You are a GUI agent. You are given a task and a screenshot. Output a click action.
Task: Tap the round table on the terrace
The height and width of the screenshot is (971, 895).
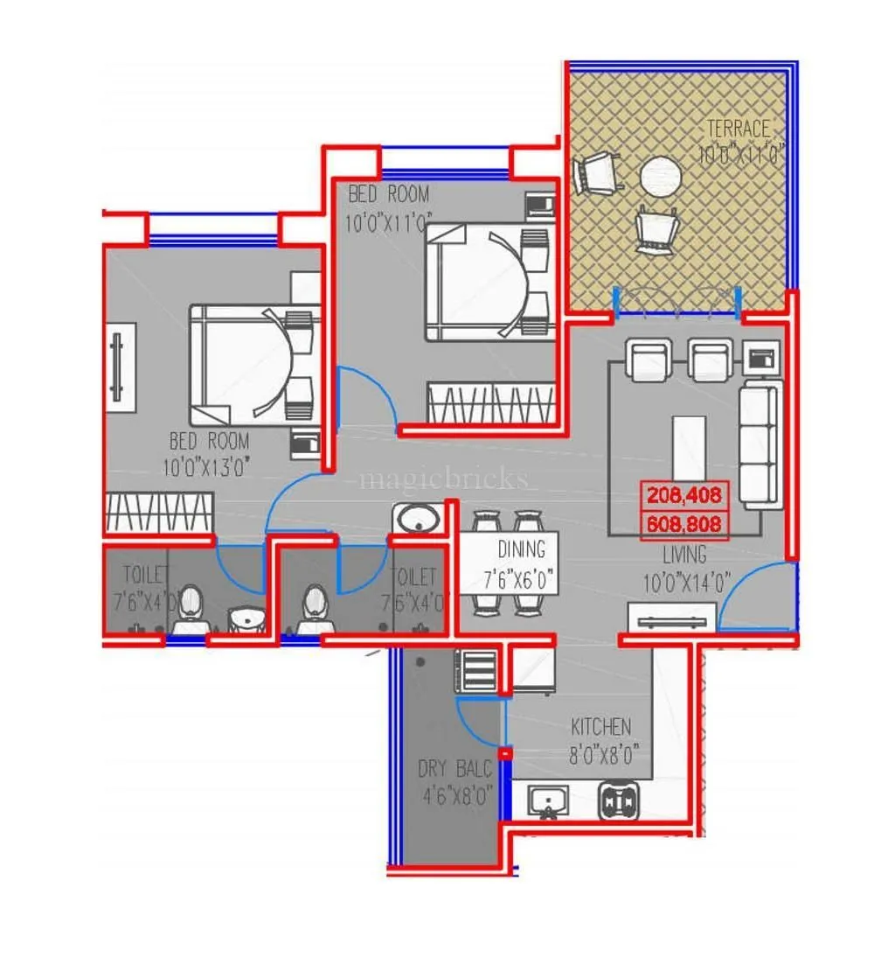click(660, 178)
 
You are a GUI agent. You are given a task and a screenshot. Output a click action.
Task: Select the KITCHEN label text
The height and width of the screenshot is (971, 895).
click(600, 727)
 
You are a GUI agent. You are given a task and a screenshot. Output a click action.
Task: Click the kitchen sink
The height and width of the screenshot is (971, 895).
click(548, 800)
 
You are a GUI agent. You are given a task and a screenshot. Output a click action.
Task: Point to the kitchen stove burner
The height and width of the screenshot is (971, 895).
click(618, 800)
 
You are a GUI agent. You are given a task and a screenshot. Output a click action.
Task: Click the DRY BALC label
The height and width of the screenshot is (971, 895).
click(454, 770)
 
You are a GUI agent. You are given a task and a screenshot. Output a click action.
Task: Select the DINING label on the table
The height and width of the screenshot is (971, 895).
click(521, 549)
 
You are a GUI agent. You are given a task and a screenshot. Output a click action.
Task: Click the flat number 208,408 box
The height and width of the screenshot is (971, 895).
click(684, 496)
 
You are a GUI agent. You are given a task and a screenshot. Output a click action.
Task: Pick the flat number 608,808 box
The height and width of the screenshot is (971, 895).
click(684, 524)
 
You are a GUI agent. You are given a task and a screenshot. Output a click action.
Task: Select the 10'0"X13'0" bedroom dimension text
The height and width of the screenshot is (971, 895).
click(207, 468)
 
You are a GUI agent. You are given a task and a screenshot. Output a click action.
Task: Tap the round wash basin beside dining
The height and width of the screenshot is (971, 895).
click(417, 520)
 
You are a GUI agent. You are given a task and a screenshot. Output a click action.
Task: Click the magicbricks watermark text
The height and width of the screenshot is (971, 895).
click(444, 479)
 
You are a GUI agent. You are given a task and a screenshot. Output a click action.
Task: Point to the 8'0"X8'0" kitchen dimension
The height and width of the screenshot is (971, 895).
click(606, 754)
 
